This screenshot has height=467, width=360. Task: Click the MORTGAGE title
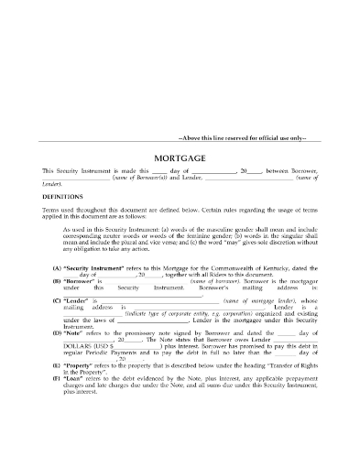point(180,157)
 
